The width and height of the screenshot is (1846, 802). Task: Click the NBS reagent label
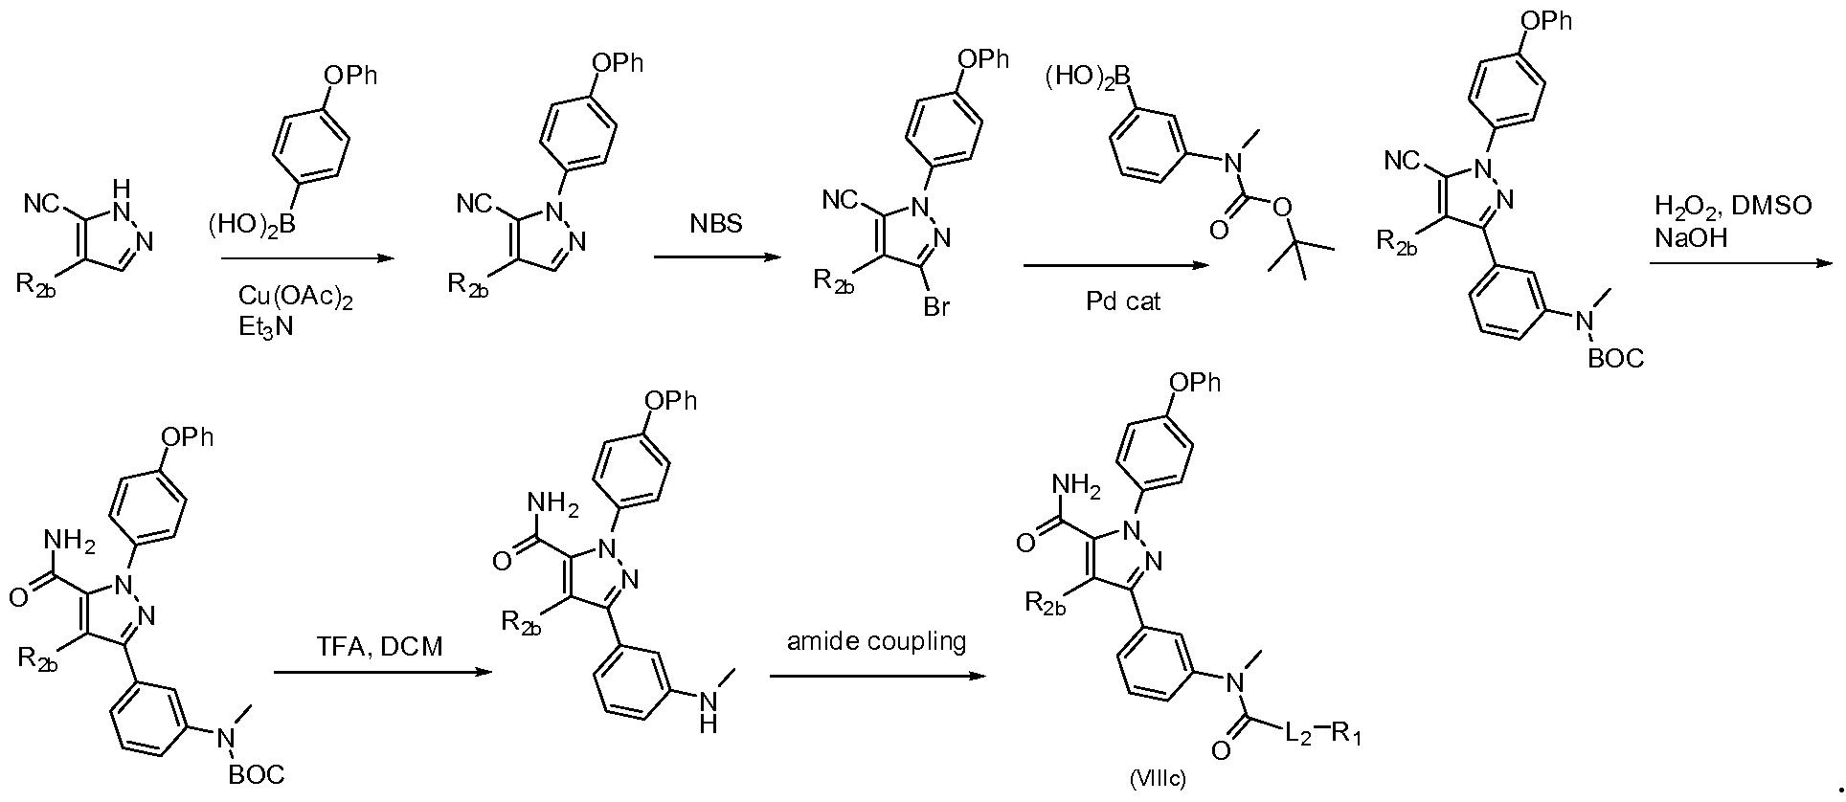tap(714, 225)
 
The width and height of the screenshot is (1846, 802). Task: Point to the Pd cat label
tap(1123, 302)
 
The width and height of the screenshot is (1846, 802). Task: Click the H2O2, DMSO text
tap(1733, 207)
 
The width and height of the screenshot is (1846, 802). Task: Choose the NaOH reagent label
tap(1690, 237)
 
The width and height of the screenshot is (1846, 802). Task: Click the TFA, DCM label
tap(379, 647)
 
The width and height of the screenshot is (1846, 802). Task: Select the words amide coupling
tap(876, 641)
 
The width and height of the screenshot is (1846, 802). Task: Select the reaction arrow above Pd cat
tap(1116, 266)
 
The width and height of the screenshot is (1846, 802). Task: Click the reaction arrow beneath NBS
tap(714, 257)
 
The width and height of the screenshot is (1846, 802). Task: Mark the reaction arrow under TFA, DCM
tap(382, 673)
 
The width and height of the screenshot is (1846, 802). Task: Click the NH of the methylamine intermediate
tap(708, 713)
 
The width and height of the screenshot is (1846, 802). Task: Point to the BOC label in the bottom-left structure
tap(257, 774)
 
